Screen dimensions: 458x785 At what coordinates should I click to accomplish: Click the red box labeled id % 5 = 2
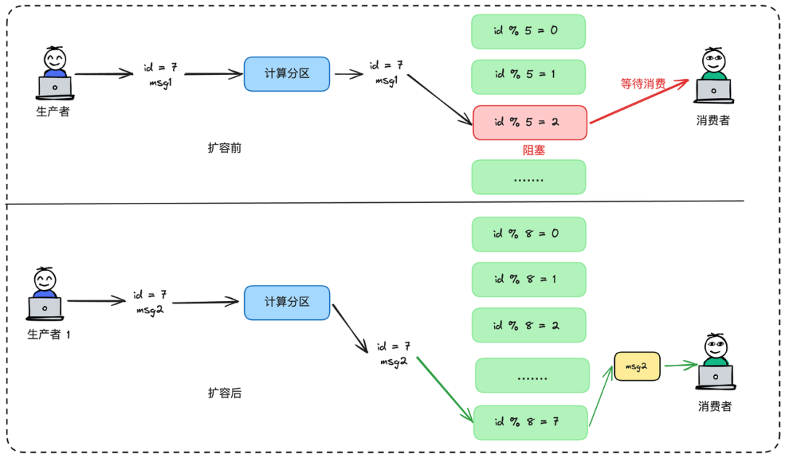(x=529, y=123)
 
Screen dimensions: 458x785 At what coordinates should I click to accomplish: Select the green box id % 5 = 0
(x=528, y=32)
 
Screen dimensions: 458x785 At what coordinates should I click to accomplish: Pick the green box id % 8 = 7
(x=530, y=422)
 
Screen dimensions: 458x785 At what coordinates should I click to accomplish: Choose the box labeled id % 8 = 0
(x=528, y=235)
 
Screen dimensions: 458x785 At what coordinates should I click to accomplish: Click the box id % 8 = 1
(x=528, y=280)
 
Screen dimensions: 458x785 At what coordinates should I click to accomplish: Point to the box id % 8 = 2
(x=528, y=325)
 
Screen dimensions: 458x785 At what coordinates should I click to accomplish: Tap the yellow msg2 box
(x=637, y=367)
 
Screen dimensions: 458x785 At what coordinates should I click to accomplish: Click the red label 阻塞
(x=534, y=150)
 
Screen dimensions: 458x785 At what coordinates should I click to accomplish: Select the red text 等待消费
(x=643, y=84)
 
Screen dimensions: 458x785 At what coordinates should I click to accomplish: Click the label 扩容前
(x=225, y=148)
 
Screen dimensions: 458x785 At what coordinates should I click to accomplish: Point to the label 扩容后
(x=225, y=393)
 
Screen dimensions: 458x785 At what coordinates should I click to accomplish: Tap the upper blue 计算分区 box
(x=287, y=73)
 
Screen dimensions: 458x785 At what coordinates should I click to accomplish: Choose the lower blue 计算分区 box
(x=287, y=302)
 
